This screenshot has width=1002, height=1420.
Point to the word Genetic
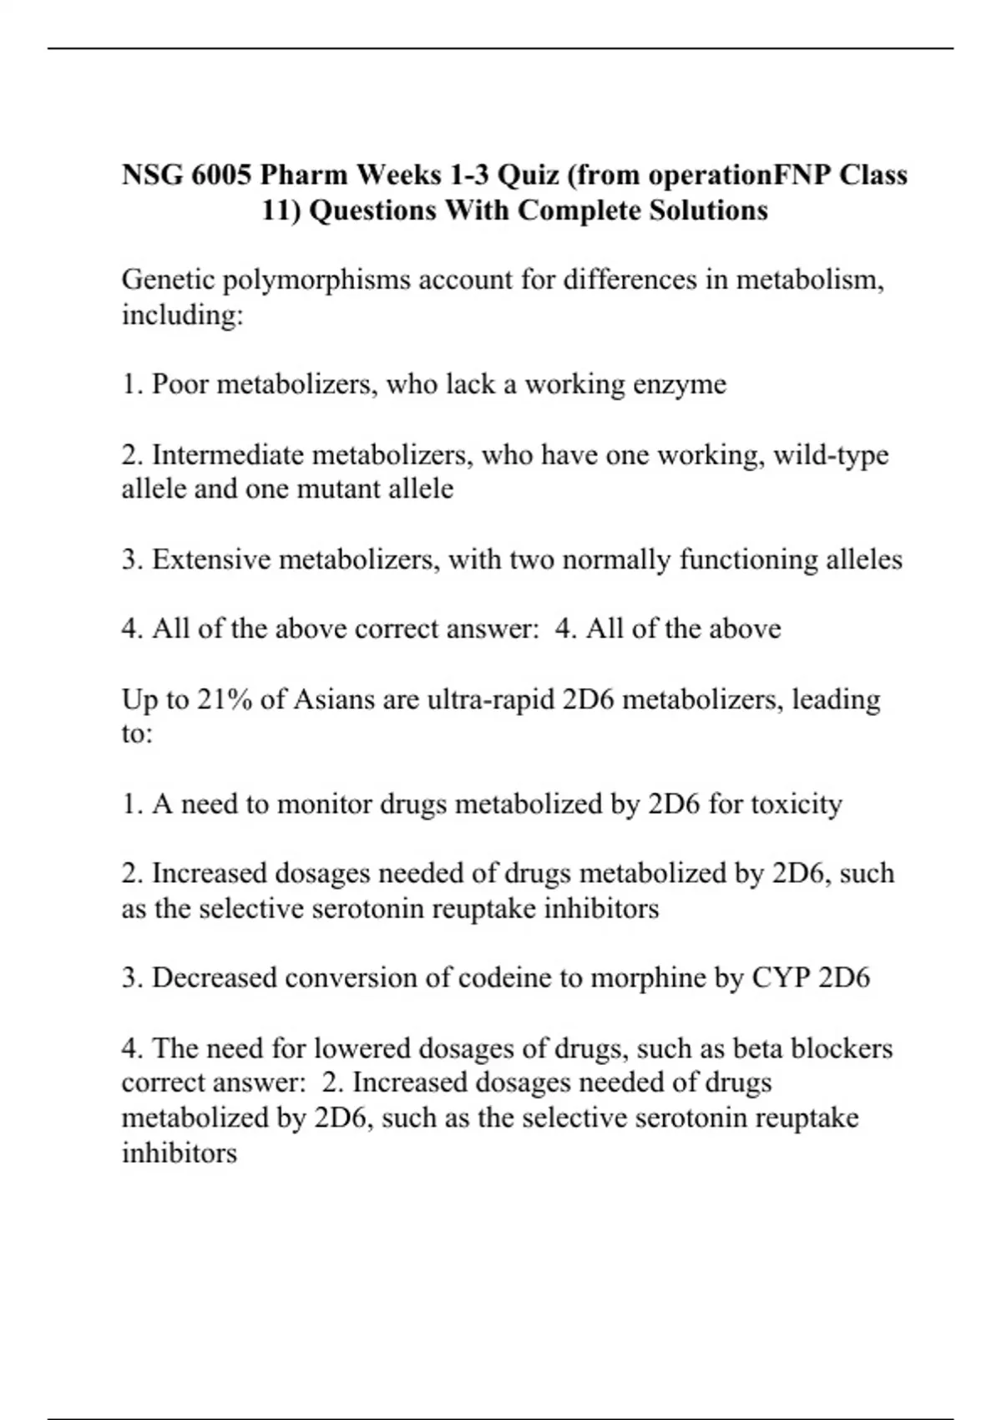click(x=167, y=280)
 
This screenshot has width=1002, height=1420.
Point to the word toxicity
click(x=796, y=804)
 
